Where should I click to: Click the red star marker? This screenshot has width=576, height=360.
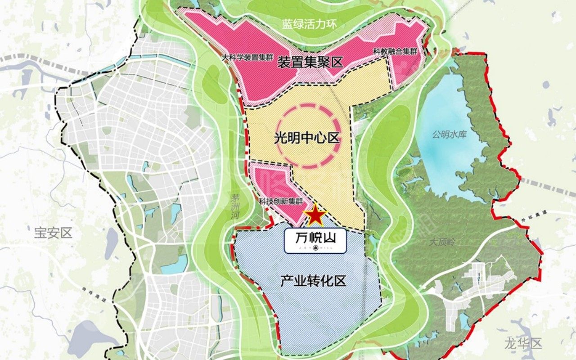(x=315, y=215)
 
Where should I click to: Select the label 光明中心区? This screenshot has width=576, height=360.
(x=306, y=138)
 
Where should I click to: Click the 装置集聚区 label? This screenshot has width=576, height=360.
(x=310, y=62)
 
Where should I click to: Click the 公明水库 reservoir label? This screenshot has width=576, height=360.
(x=450, y=135)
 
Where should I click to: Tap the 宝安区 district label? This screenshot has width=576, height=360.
(x=53, y=233)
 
